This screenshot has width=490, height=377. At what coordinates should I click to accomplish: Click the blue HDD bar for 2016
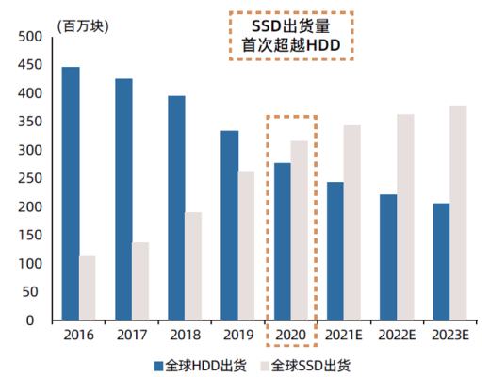pos(71,193)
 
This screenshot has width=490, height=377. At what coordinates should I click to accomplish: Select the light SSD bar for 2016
pos(88,287)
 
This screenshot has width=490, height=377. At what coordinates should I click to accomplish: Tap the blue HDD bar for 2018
pos(176,207)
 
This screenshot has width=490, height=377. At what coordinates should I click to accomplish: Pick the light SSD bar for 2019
pos(247,245)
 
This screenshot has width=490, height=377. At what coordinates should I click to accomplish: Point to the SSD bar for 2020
pos(300,230)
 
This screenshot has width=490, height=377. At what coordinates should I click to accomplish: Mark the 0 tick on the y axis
pos(29,320)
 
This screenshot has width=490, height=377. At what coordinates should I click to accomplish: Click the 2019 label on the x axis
pos(237,335)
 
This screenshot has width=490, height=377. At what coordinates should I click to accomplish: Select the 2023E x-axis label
pos(449,335)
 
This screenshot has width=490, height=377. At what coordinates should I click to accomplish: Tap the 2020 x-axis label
pos(290,335)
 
